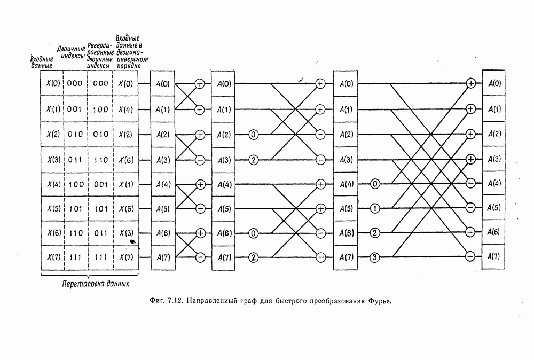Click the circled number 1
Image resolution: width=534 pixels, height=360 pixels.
[375, 208]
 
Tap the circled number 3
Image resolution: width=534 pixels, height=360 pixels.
[375, 257]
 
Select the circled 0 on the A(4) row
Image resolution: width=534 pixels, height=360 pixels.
[375, 184]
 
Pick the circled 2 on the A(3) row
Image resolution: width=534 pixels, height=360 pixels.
[254, 159]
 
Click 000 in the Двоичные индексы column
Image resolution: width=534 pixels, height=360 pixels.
[75, 83]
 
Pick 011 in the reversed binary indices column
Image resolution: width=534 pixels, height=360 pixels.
[100, 233]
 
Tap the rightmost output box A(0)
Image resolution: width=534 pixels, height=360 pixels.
[494, 83]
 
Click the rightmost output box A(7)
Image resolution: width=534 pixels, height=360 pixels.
[494, 257]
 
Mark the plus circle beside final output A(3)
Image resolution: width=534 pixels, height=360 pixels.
[470, 159]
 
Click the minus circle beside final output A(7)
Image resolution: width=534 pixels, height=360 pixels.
[470, 257]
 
